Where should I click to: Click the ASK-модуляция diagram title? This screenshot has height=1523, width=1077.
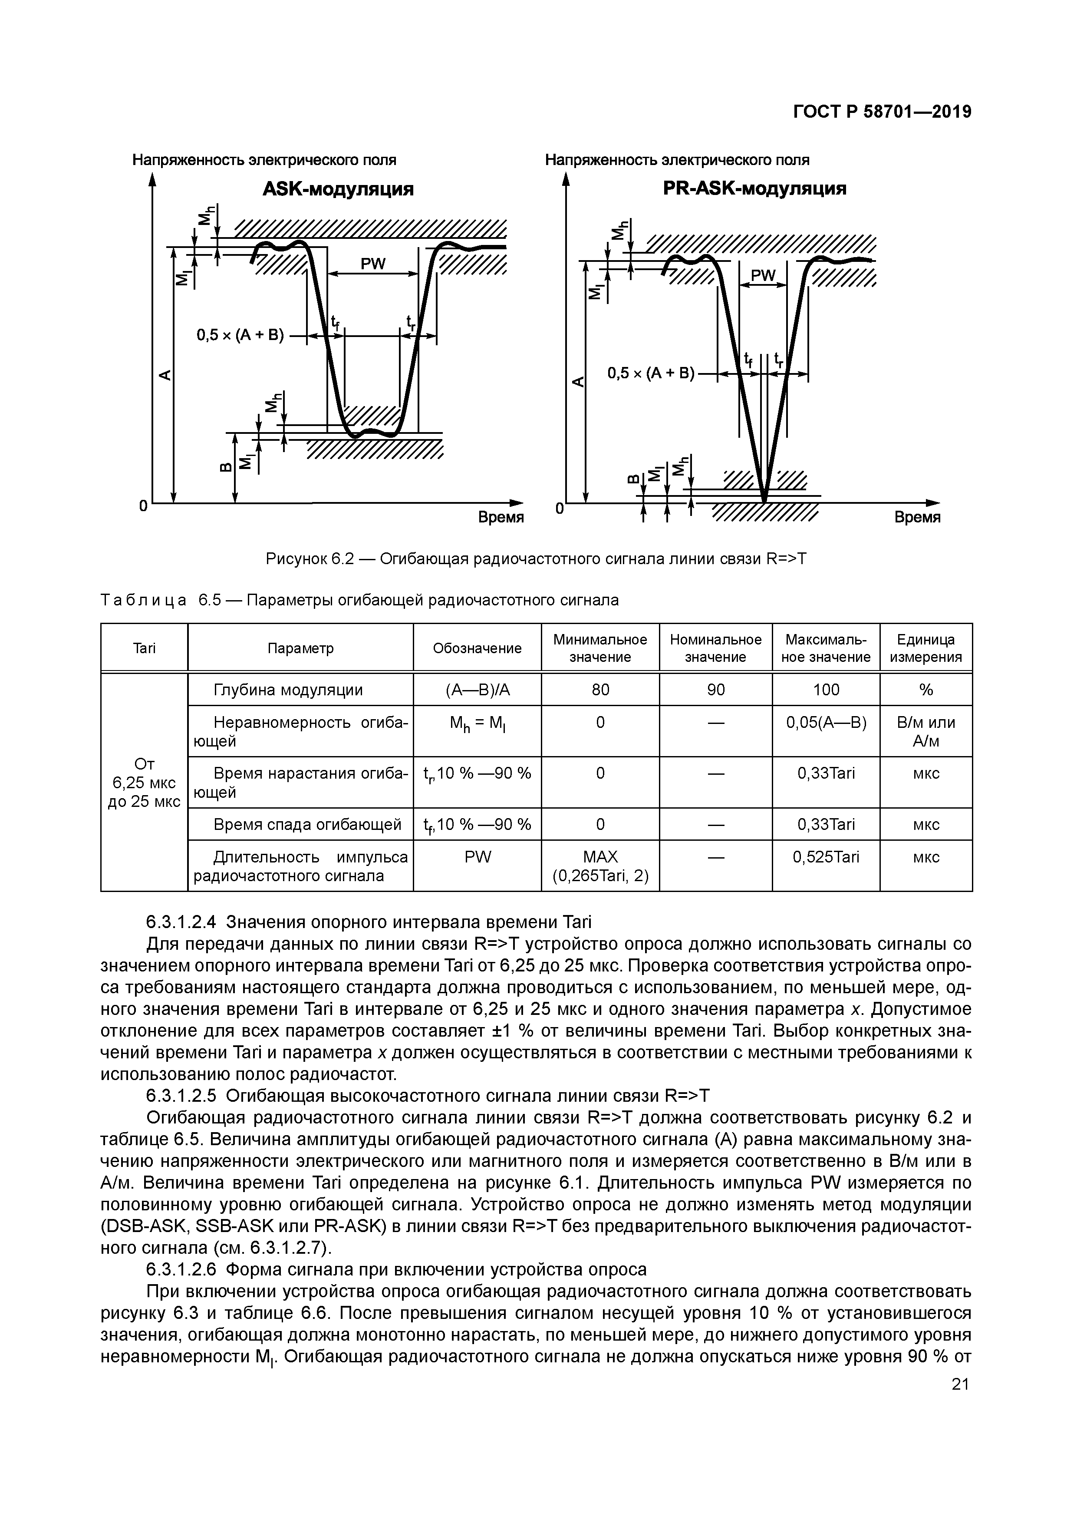click(x=338, y=190)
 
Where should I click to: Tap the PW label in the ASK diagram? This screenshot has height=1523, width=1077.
click(x=373, y=264)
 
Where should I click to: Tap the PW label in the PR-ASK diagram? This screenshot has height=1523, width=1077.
click(x=763, y=275)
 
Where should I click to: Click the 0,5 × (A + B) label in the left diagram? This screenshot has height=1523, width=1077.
click(x=240, y=336)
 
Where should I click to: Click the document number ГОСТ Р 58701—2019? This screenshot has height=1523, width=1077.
click(x=882, y=112)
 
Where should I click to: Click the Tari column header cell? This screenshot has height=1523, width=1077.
click(x=144, y=648)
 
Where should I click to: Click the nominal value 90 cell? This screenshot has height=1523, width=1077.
click(x=715, y=690)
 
